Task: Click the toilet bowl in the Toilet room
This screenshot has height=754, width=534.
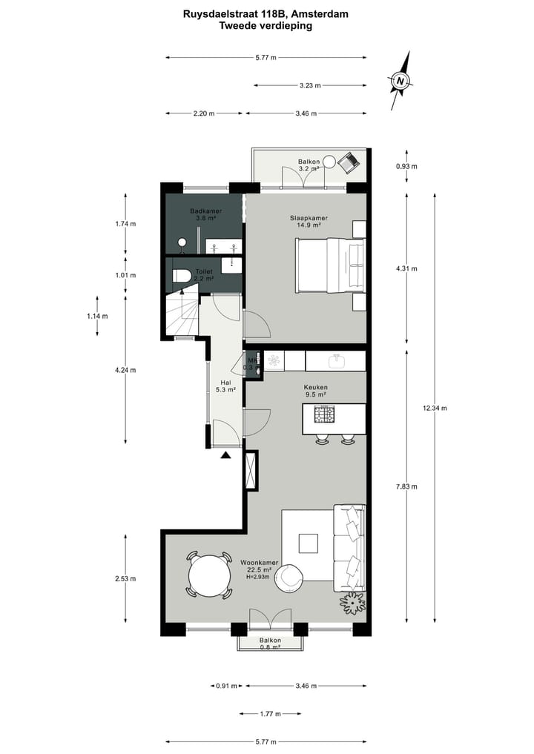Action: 182,277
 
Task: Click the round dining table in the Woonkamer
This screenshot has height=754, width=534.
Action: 210,575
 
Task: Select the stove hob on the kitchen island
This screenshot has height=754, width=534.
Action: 324,413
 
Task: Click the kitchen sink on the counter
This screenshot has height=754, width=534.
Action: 336,360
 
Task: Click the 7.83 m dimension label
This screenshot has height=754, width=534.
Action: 406,486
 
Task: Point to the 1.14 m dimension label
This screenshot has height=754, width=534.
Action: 97,315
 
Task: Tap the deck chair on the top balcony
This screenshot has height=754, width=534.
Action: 347,161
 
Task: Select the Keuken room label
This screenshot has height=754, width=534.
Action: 315,391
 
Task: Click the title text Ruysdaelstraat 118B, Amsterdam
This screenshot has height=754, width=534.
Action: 266,13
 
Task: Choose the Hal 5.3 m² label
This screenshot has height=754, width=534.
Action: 225,385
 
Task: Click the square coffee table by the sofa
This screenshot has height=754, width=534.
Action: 308,543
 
